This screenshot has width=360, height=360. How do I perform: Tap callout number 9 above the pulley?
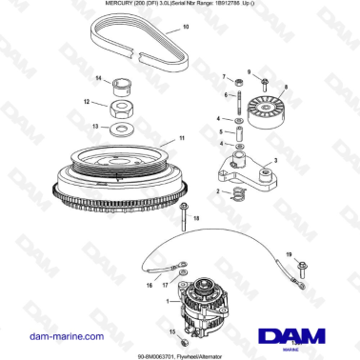250,71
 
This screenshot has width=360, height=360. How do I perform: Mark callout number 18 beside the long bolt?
198,219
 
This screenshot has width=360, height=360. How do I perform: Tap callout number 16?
149,284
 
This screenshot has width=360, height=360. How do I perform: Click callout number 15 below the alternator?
171,331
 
